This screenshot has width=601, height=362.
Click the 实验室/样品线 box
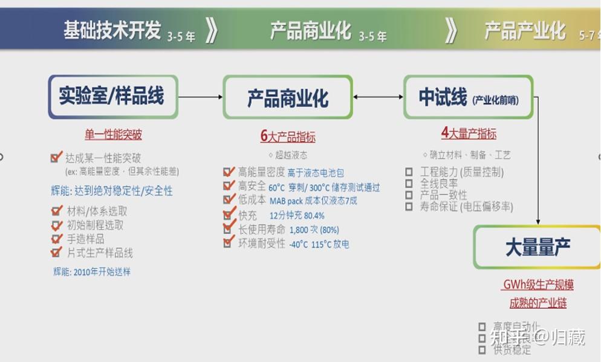pyautogui.click(x=113, y=97)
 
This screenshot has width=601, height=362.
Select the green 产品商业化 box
pyautogui.click(x=288, y=97)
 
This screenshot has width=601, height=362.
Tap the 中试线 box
pyautogui.click(x=468, y=97)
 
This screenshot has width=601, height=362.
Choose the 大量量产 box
pyautogui.click(x=537, y=247)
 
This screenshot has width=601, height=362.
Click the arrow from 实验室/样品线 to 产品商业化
pyautogui.click(x=201, y=97)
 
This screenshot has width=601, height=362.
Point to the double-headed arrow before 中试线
pyautogui.click(x=378, y=97)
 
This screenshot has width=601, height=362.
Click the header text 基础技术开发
pyautogui.click(x=112, y=30)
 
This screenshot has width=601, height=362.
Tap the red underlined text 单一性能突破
pyautogui.click(x=113, y=134)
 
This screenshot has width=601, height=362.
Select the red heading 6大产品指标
pyautogui.click(x=288, y=137)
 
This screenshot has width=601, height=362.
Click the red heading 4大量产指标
pyautogui.click(x=469, y=133)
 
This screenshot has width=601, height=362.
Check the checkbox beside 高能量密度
pyautogui.click(x=229, y=172)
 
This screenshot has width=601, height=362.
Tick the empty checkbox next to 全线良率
pyautogui.click(x=409, y=183)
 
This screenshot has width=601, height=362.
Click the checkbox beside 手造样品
pyautogui.click(x=57, y=239)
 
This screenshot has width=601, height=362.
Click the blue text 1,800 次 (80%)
pyautogui.click(x=314, y=230)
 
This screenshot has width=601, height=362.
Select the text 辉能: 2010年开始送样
pyautogui.click(x=91, y=271)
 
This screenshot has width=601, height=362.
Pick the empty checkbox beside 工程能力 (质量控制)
pyautogui.click(x=409, y=172)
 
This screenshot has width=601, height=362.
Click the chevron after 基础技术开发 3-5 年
pyautogui.click(x=211, y=30)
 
